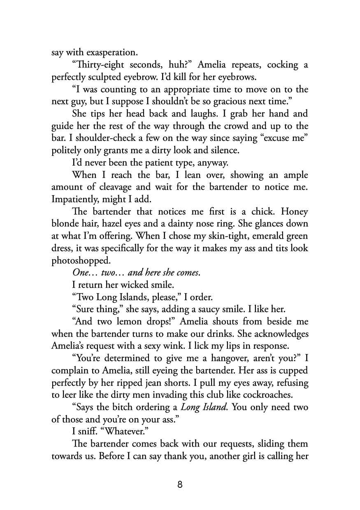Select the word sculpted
112,77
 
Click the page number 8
180,484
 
